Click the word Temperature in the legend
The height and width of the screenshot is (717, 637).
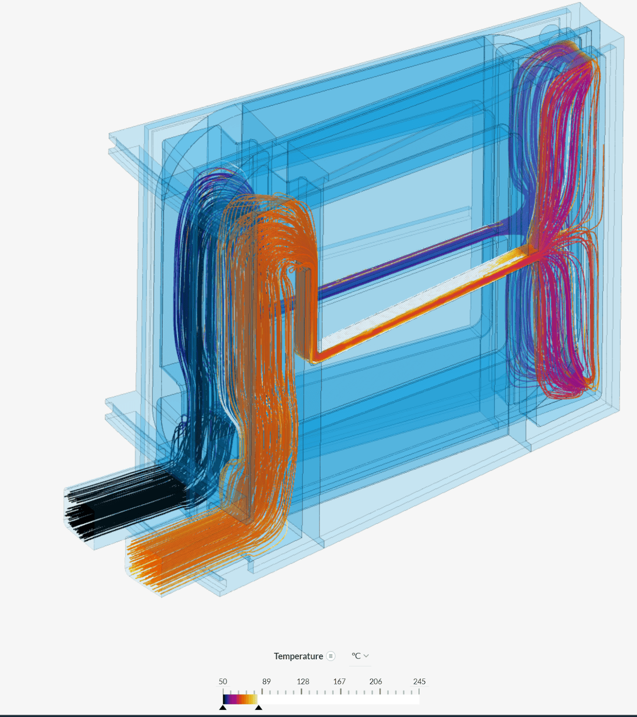(298, 656)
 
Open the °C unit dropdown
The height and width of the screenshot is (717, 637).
(360, 656)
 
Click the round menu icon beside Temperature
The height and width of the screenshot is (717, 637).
(331, 656)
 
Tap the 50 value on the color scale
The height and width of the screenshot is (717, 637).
(223, 682)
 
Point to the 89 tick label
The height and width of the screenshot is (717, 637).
(267, 682)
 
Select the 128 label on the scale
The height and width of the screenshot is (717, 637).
(303, 682)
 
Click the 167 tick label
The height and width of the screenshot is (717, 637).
(339, 682)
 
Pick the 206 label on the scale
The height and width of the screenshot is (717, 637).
(375, 682)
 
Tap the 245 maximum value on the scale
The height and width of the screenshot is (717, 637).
(419, 682)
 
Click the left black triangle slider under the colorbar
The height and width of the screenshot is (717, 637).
(223, 708)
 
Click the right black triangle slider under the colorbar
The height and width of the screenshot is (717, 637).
(258, 708)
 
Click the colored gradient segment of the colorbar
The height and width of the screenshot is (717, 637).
(240, 699)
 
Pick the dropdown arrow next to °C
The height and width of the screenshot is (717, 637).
(366, 656)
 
